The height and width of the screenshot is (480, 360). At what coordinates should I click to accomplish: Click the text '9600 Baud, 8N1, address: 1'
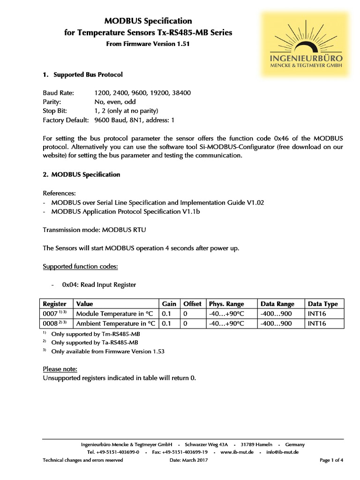pos(134,120)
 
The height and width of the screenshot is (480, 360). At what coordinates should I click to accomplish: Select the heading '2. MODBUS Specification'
pos(82,174)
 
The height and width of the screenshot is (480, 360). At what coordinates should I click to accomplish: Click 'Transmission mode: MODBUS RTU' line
pos(97,230)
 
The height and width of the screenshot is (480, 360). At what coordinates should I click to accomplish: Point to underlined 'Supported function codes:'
pos(80,266)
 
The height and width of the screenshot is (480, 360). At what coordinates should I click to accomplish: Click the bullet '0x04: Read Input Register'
pos(99,285)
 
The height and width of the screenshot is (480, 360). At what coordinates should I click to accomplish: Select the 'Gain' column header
pos(169,304)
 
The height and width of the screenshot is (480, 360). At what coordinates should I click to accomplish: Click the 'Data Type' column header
pos(322,304)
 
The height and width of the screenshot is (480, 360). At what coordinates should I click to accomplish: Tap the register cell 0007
pos(50,314)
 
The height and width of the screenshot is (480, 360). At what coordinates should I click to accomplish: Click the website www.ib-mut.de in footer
pos(237,452)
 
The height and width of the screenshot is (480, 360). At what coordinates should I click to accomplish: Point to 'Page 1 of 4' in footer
pos(331,460)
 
